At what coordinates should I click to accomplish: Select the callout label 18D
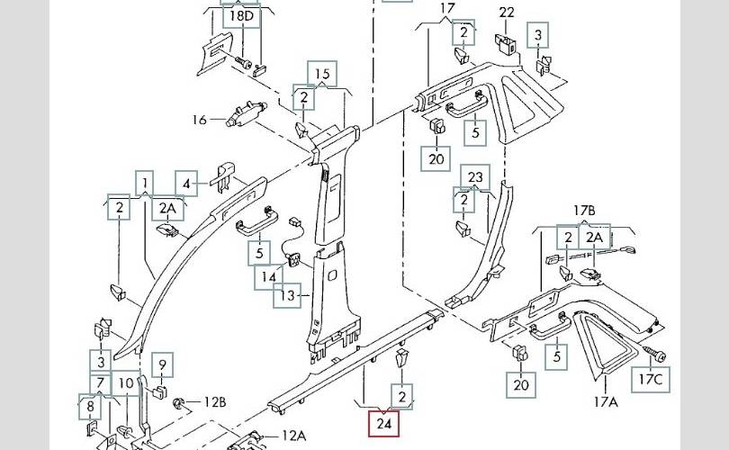click(x=241, y=16)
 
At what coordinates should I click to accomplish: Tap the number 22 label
click(x=507, y=12)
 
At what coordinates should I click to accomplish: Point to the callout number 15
click(x=322, y=74)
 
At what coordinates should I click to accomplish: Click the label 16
click(x=199, y=120)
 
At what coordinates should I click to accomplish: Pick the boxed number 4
click(x=186, y=184)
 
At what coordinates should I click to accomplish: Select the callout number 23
click(x=476, y=176)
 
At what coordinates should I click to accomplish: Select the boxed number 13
click(x=288, y=295)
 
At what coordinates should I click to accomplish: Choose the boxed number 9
click(x=163, y=365)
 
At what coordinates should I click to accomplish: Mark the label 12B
click(x=214, y=401)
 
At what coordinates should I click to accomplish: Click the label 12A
click(x=293, y=436)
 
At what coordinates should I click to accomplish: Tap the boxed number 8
click(x=90, y=407)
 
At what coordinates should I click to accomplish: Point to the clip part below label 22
click(x=505, y=43)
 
